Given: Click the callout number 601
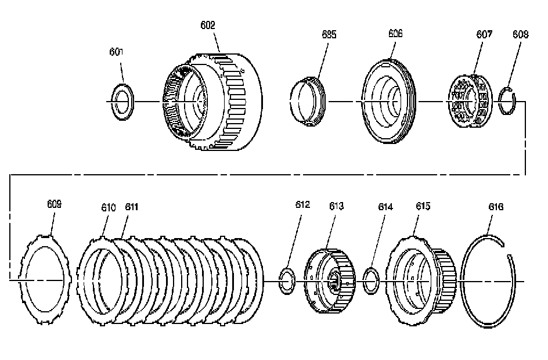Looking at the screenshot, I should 117,52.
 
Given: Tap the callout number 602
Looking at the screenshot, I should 208,25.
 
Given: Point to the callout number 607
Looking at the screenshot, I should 485,34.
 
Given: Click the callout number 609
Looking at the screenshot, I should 54,204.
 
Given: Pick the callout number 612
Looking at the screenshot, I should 302,204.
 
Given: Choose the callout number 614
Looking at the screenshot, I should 385,206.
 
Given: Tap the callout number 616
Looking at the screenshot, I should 496,207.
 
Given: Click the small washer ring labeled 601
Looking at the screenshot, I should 122,102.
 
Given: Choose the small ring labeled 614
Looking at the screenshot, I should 372,280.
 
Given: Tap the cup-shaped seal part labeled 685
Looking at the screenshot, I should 308,102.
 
